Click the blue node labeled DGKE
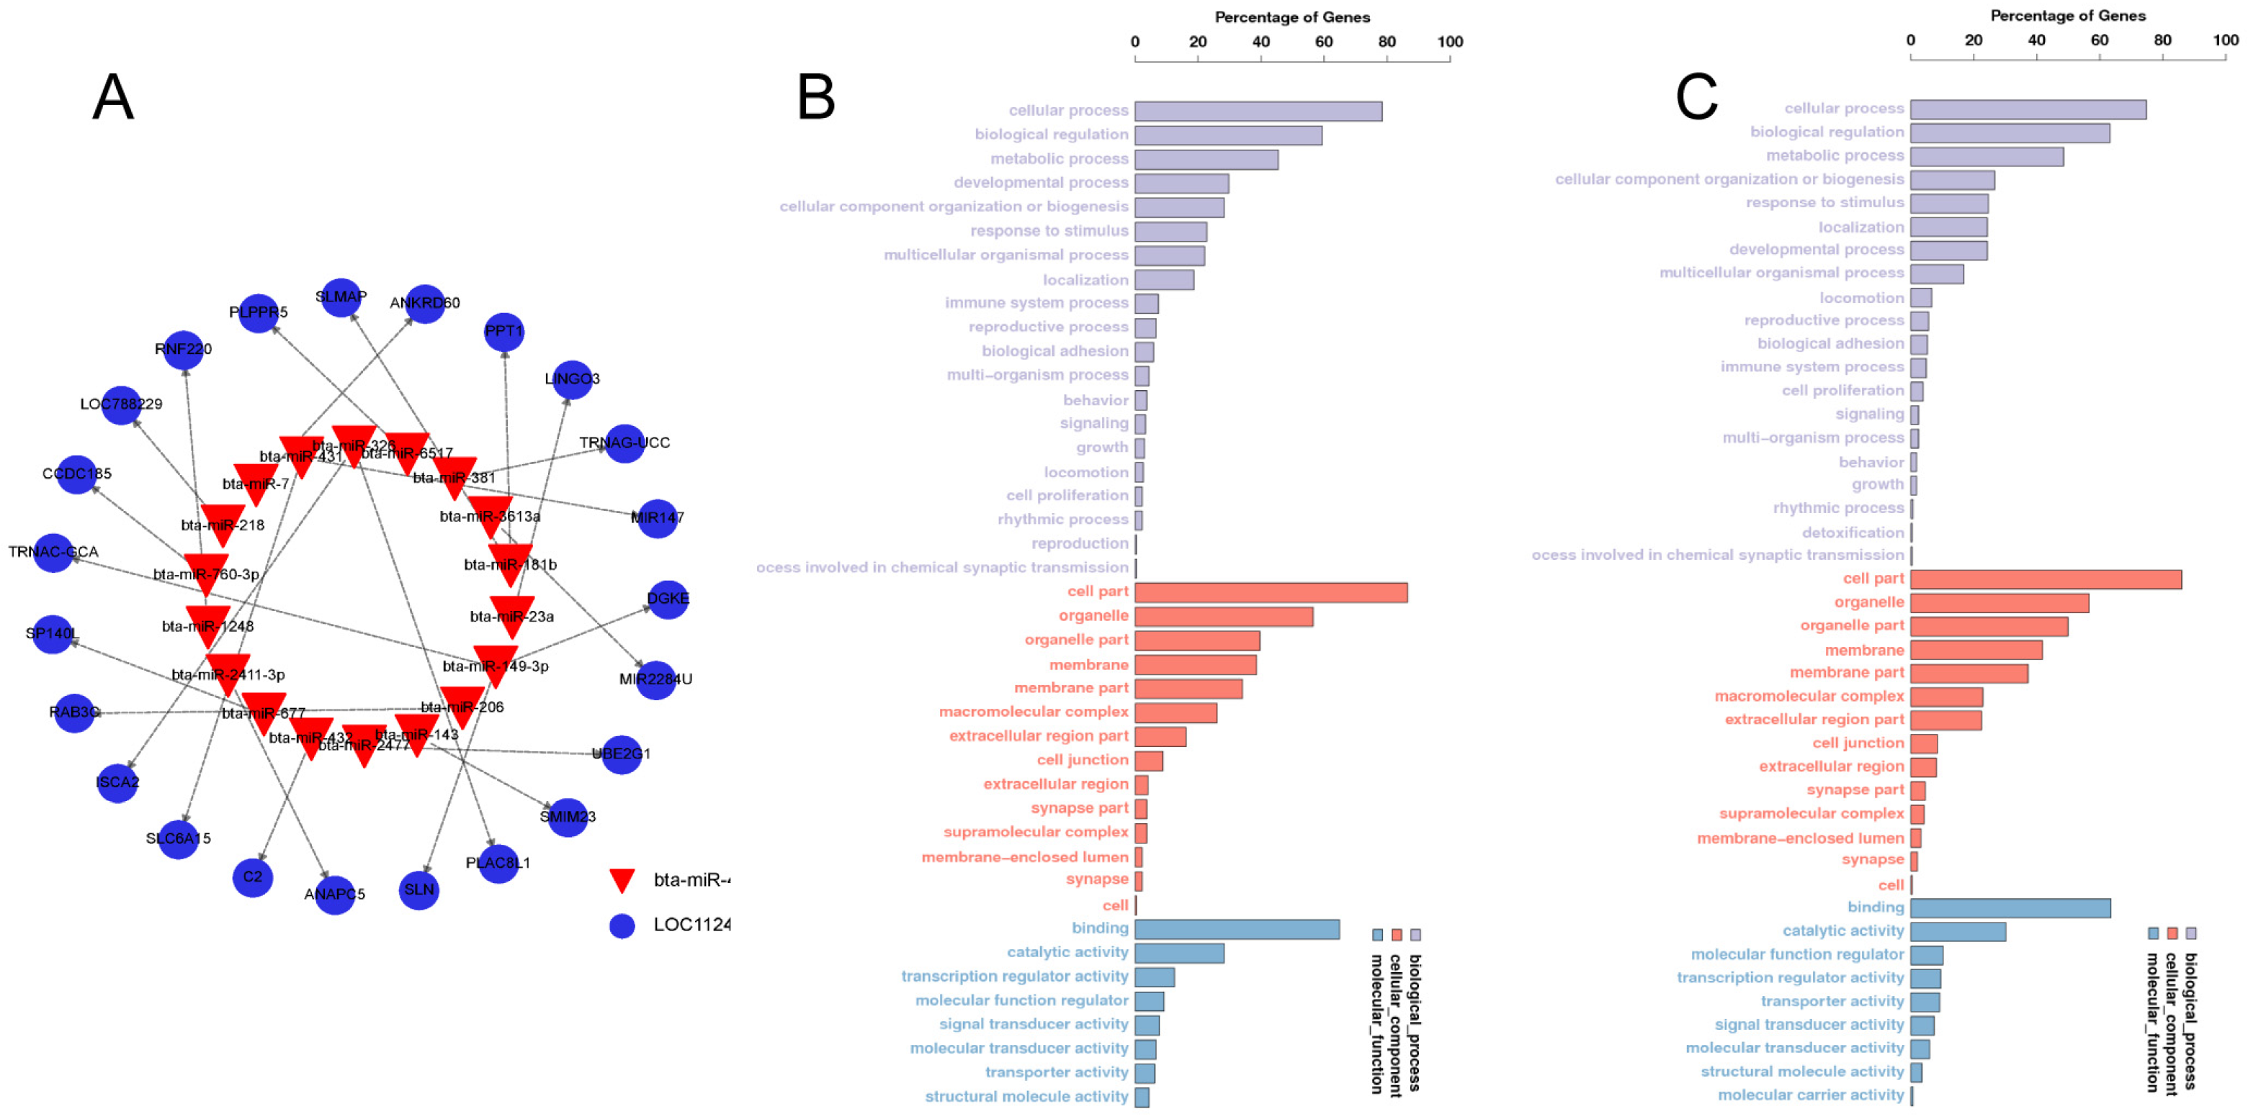668,599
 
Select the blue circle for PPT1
504,332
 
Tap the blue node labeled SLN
419,889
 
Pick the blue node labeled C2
252,876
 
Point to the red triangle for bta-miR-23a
512,615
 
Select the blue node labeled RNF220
183,350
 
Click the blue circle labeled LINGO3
573,379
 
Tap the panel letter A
114,97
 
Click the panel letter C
1696,97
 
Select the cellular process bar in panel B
1258,112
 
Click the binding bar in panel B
1237,930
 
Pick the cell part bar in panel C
2046,579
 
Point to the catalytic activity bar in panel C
1958,931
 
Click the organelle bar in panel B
1224,617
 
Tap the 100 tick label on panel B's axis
1449,42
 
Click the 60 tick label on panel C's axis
2099,40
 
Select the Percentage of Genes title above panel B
1291,17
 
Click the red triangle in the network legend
622,880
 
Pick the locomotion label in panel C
1861,297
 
